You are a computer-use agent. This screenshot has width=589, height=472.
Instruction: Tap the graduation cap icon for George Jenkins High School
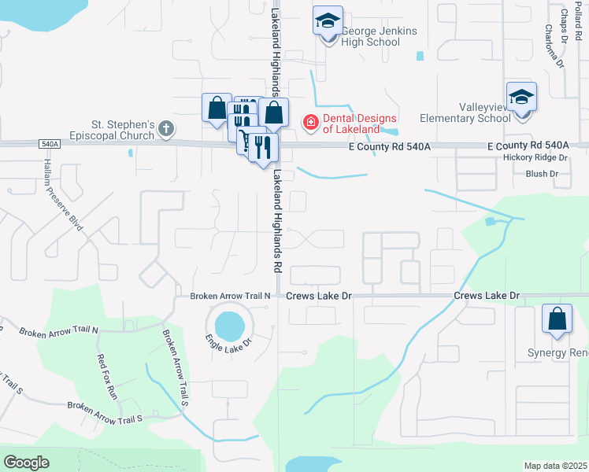click(327, 20)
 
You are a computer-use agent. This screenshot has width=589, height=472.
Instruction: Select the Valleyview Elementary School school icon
click(520, 96)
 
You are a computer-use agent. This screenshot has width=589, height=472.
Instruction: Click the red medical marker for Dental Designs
click(310, 122)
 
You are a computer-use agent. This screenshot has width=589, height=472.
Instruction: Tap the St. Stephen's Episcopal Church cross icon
click(165, 128)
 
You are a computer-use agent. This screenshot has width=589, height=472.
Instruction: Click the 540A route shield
click(48, 144)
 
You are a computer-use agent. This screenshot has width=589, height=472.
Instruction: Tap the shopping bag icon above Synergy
click(557, 319)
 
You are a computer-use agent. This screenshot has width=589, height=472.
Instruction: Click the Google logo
click(26, 462)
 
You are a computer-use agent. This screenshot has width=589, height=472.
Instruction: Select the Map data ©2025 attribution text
click(554, 466)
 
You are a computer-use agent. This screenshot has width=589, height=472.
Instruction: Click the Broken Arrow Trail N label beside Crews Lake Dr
click(231, 296)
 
